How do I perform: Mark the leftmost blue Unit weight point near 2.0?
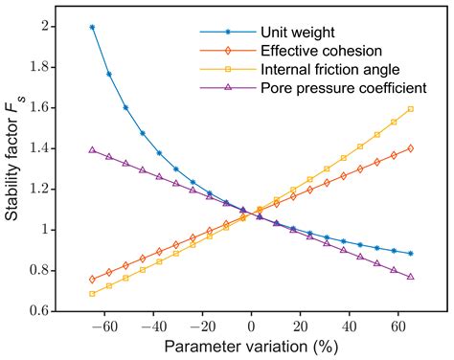(92, 27)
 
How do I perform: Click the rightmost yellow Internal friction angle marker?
(411, 109)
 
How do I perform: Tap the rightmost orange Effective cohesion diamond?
(411, 148)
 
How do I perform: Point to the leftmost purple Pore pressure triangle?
(92, 150)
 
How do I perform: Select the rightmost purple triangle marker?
(411, 277)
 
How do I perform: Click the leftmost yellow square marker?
(92, 293)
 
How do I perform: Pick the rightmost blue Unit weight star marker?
(411, 254)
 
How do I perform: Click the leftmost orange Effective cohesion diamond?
(92, 280)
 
